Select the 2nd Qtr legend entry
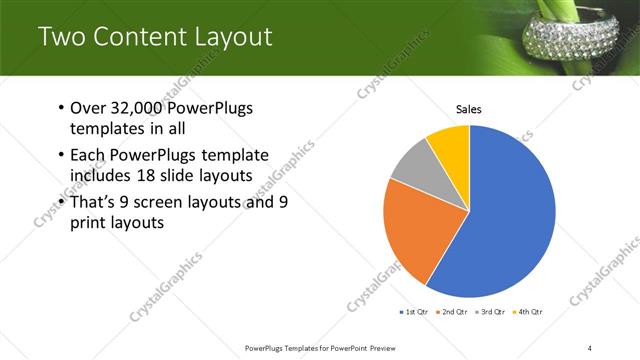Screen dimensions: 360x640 (454, 312)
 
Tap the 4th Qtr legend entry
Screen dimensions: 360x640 (530, 312)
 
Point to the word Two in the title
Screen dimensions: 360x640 (61, 37)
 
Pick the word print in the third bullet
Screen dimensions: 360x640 (90, 223)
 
